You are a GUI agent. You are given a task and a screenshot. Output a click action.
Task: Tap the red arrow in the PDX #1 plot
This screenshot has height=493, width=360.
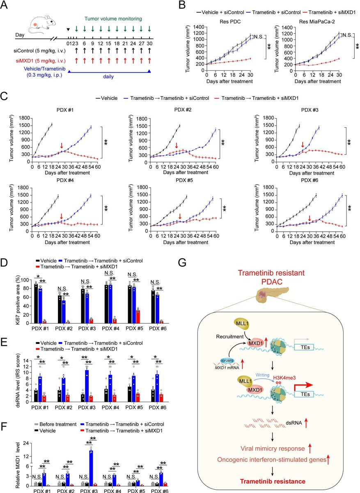(61, 145)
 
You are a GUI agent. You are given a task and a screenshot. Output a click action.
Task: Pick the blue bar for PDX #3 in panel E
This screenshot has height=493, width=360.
(98, 385)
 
